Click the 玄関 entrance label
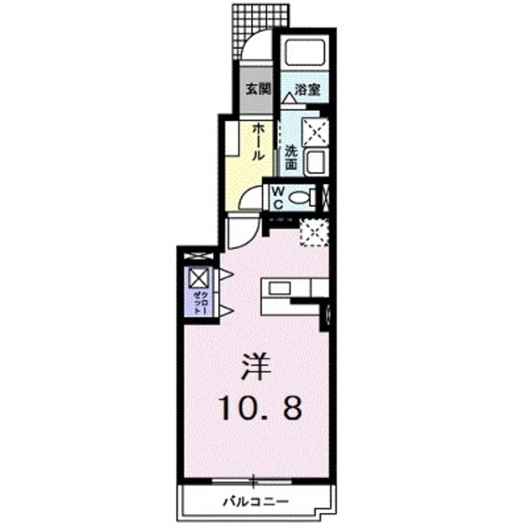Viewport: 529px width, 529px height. (x=258, y=89)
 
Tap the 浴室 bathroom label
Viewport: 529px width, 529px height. (x=307, y=89)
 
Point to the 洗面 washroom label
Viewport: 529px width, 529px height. (x=291, y=157)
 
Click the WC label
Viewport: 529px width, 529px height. (x=278, y=196)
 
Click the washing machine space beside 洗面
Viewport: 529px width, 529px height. (x=314, y=131)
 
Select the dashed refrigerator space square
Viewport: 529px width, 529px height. (x=314, y=232)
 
